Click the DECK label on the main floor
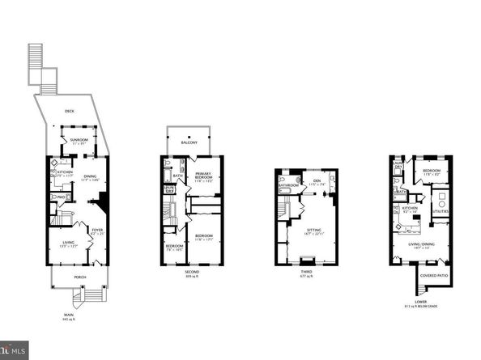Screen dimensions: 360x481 pos(70,112)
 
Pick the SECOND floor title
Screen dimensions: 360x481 pos(191,272)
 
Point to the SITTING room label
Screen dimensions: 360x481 pos(313,231)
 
